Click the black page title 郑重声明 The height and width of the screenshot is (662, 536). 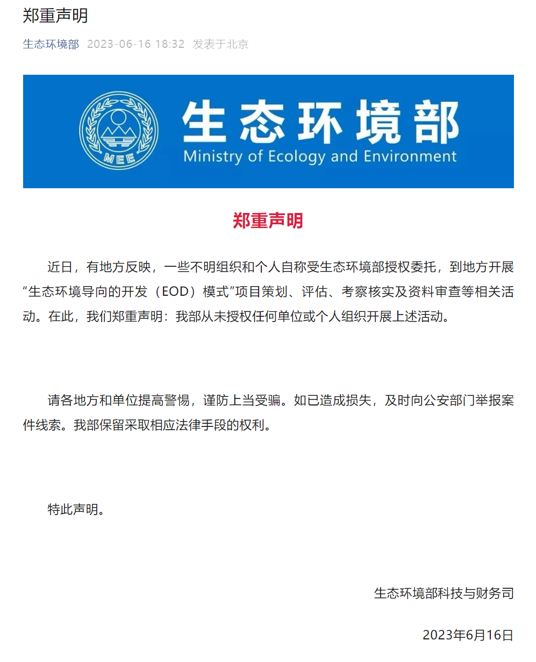click(55, 16)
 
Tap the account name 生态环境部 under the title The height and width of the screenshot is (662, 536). click(51, 44)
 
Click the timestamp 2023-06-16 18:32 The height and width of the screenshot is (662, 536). click(135, 44)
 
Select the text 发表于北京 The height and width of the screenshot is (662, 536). click(220, 44)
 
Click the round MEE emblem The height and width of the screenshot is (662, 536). click(119, 131)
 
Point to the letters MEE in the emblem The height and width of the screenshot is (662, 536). click(119, 158)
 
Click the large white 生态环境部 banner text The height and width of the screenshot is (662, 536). click(320, 122)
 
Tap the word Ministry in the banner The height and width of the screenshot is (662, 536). click(213, 157)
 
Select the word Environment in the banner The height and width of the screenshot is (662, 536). click(410, 157)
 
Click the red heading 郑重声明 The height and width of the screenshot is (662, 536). click(268, 220)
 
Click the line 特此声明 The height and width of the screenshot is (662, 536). click(75, 509)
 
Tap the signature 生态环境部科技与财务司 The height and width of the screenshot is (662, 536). click(444, 593)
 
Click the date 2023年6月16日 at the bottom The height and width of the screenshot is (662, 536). click(468, 635)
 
